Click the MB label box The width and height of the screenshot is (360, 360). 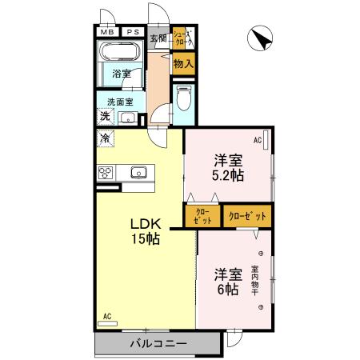coord(106,32)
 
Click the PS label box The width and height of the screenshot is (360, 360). coord(131,32)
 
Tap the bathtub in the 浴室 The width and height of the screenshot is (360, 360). coord(121,54)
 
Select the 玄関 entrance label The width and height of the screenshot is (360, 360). coord(158,37)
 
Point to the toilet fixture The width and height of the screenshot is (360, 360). coord(183,100)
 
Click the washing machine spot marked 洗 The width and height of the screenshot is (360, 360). coord(105,117)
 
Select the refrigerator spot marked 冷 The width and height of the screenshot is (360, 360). coord(106,138)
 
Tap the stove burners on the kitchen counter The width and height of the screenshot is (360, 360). coord(105,172)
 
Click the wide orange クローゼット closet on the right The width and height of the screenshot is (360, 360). coord(247,215)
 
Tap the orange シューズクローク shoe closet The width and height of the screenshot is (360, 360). coord(183,37)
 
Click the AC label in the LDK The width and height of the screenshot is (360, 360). coord(106,317)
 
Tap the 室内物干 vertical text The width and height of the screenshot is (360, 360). coord(255,282)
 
